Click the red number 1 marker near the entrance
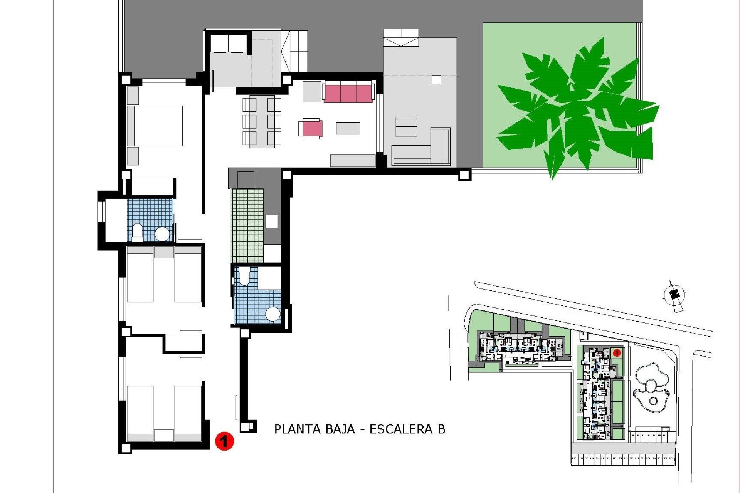[x=224, y=441]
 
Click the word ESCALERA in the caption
[x=401, y=429]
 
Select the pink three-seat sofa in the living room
[x=348, y=93]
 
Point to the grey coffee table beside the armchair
[x=348, y=128]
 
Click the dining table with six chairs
[x=262, y=122]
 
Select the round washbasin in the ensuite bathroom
[x=162, y=233]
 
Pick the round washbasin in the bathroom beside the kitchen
[x=273, y=314]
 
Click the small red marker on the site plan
[x=616, y=352]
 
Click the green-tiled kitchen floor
[x=247, y=225]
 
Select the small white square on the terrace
[x=436, y=80]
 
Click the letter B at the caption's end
[x=441, y=429]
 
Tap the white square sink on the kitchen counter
[x=271, y=221]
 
